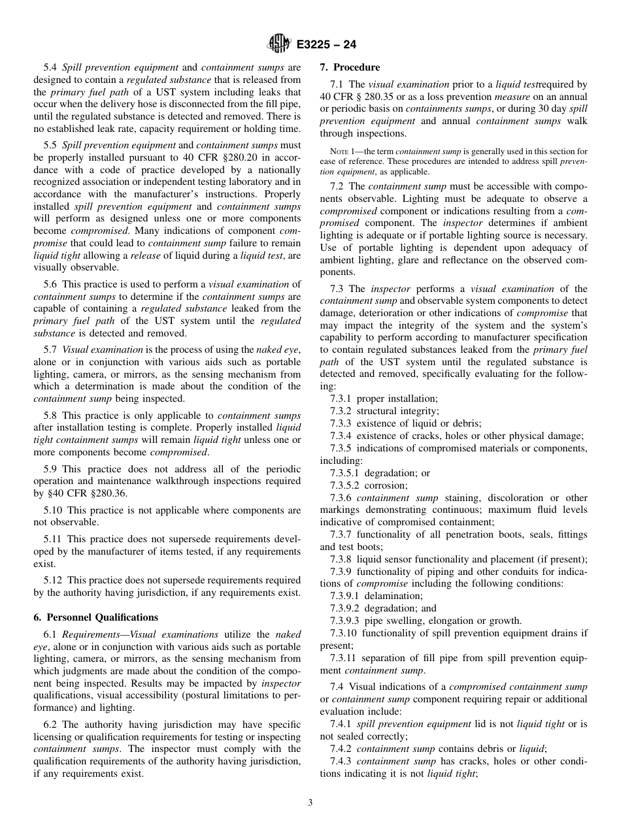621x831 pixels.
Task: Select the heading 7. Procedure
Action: [x=350, y=67]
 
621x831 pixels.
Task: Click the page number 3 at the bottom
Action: [x=310, y=803]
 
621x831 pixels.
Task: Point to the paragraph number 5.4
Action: [x=50, y=67]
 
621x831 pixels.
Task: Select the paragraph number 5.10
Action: [x=53, y=510]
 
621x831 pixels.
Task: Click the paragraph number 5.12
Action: [x=53, y=580]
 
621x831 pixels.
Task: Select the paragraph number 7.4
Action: [x=337, y=687]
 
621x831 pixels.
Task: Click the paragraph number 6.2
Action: [x=50, y=725]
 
